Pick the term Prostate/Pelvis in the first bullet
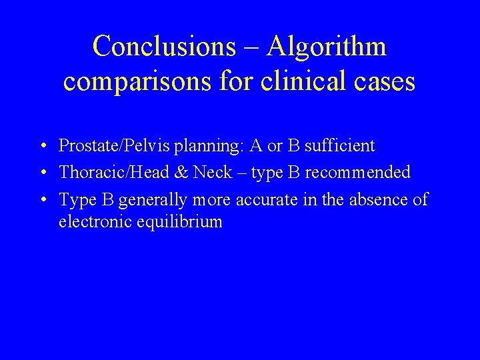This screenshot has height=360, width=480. (106, 145)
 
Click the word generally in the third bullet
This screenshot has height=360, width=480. (154, 200)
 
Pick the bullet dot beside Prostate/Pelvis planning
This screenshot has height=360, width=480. (42, 146)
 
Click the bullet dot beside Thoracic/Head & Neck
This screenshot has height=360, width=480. (42, 173)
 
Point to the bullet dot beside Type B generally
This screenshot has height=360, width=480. (42, 201)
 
